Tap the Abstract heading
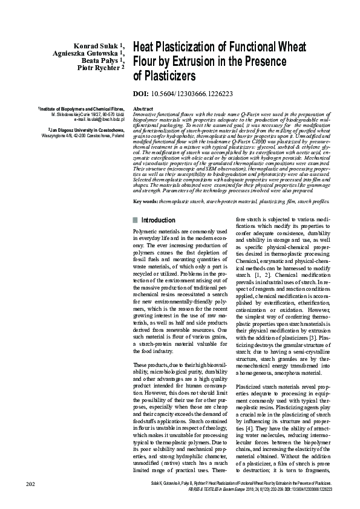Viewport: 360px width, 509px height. (x=143, y=109)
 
